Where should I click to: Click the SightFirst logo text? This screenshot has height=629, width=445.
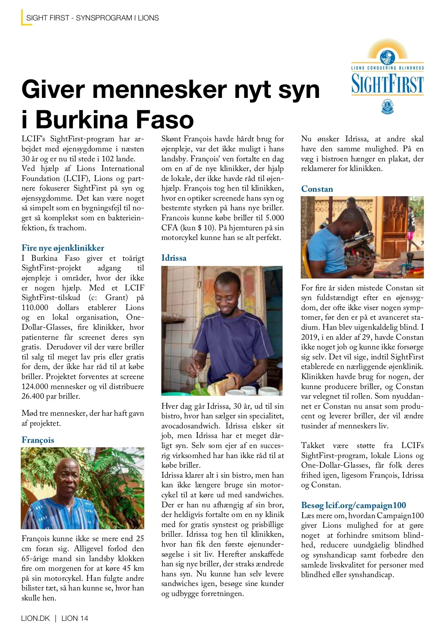click(x=387, y=84)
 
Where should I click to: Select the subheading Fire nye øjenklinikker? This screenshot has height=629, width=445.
click(x=63, y=248)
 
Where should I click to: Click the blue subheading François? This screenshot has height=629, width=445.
click(x=38, y=440)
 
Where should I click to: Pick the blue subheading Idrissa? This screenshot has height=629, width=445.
click(x=174, y=258)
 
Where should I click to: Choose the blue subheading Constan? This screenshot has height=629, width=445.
click(x=317, y=189)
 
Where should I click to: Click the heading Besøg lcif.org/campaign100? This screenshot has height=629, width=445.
click(x=353, y=505)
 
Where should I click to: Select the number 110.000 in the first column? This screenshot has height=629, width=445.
click(x=35, y=307)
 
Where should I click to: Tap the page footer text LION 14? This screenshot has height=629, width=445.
click(x=75, y=618)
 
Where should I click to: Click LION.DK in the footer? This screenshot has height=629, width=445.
click(x=36, y=618)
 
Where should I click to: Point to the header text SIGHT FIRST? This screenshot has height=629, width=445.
click(x=47, y=18)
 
